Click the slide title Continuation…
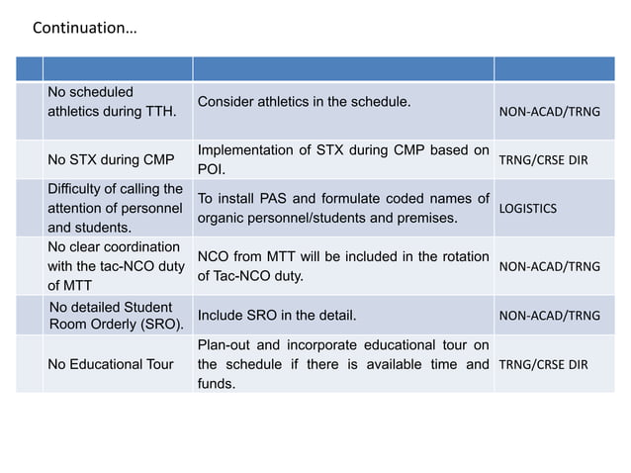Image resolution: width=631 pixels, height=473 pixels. click(x=85, y=28)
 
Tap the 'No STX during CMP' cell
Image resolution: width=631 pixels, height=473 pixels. click(x=111, y=158)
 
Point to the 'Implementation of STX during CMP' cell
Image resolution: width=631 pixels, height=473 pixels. click(x=342, y=158)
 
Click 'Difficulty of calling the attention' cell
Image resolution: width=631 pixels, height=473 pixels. click(x=115, y=208)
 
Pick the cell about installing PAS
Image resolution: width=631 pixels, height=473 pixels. click(x=342, y=208)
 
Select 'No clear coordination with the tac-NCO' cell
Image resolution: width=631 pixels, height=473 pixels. click(x=114, y=265)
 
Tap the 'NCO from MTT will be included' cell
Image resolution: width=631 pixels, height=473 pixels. click(x=342, y=265)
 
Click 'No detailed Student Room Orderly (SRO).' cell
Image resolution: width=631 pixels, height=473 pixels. click(x=116, y=316)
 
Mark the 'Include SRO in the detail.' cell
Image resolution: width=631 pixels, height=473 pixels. click(x=277, y=316)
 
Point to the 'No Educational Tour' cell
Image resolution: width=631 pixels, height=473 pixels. click(x=110, y=364)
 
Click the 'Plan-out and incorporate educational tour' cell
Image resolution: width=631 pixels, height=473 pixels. click(x=342, y=364)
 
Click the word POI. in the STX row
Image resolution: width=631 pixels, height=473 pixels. click(x=213, y=168)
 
